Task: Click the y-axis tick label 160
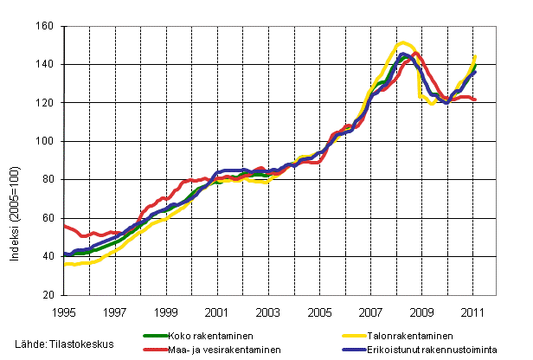point(48,26)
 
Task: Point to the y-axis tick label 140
point(48,64)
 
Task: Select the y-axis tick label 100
point(48,141)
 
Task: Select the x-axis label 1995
point(64,311)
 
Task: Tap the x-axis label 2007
point(371,311)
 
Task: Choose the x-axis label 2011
point(473,311)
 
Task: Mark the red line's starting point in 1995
point(65,225)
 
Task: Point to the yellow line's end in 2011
point(476,56)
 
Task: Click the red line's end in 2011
point(476,100)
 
